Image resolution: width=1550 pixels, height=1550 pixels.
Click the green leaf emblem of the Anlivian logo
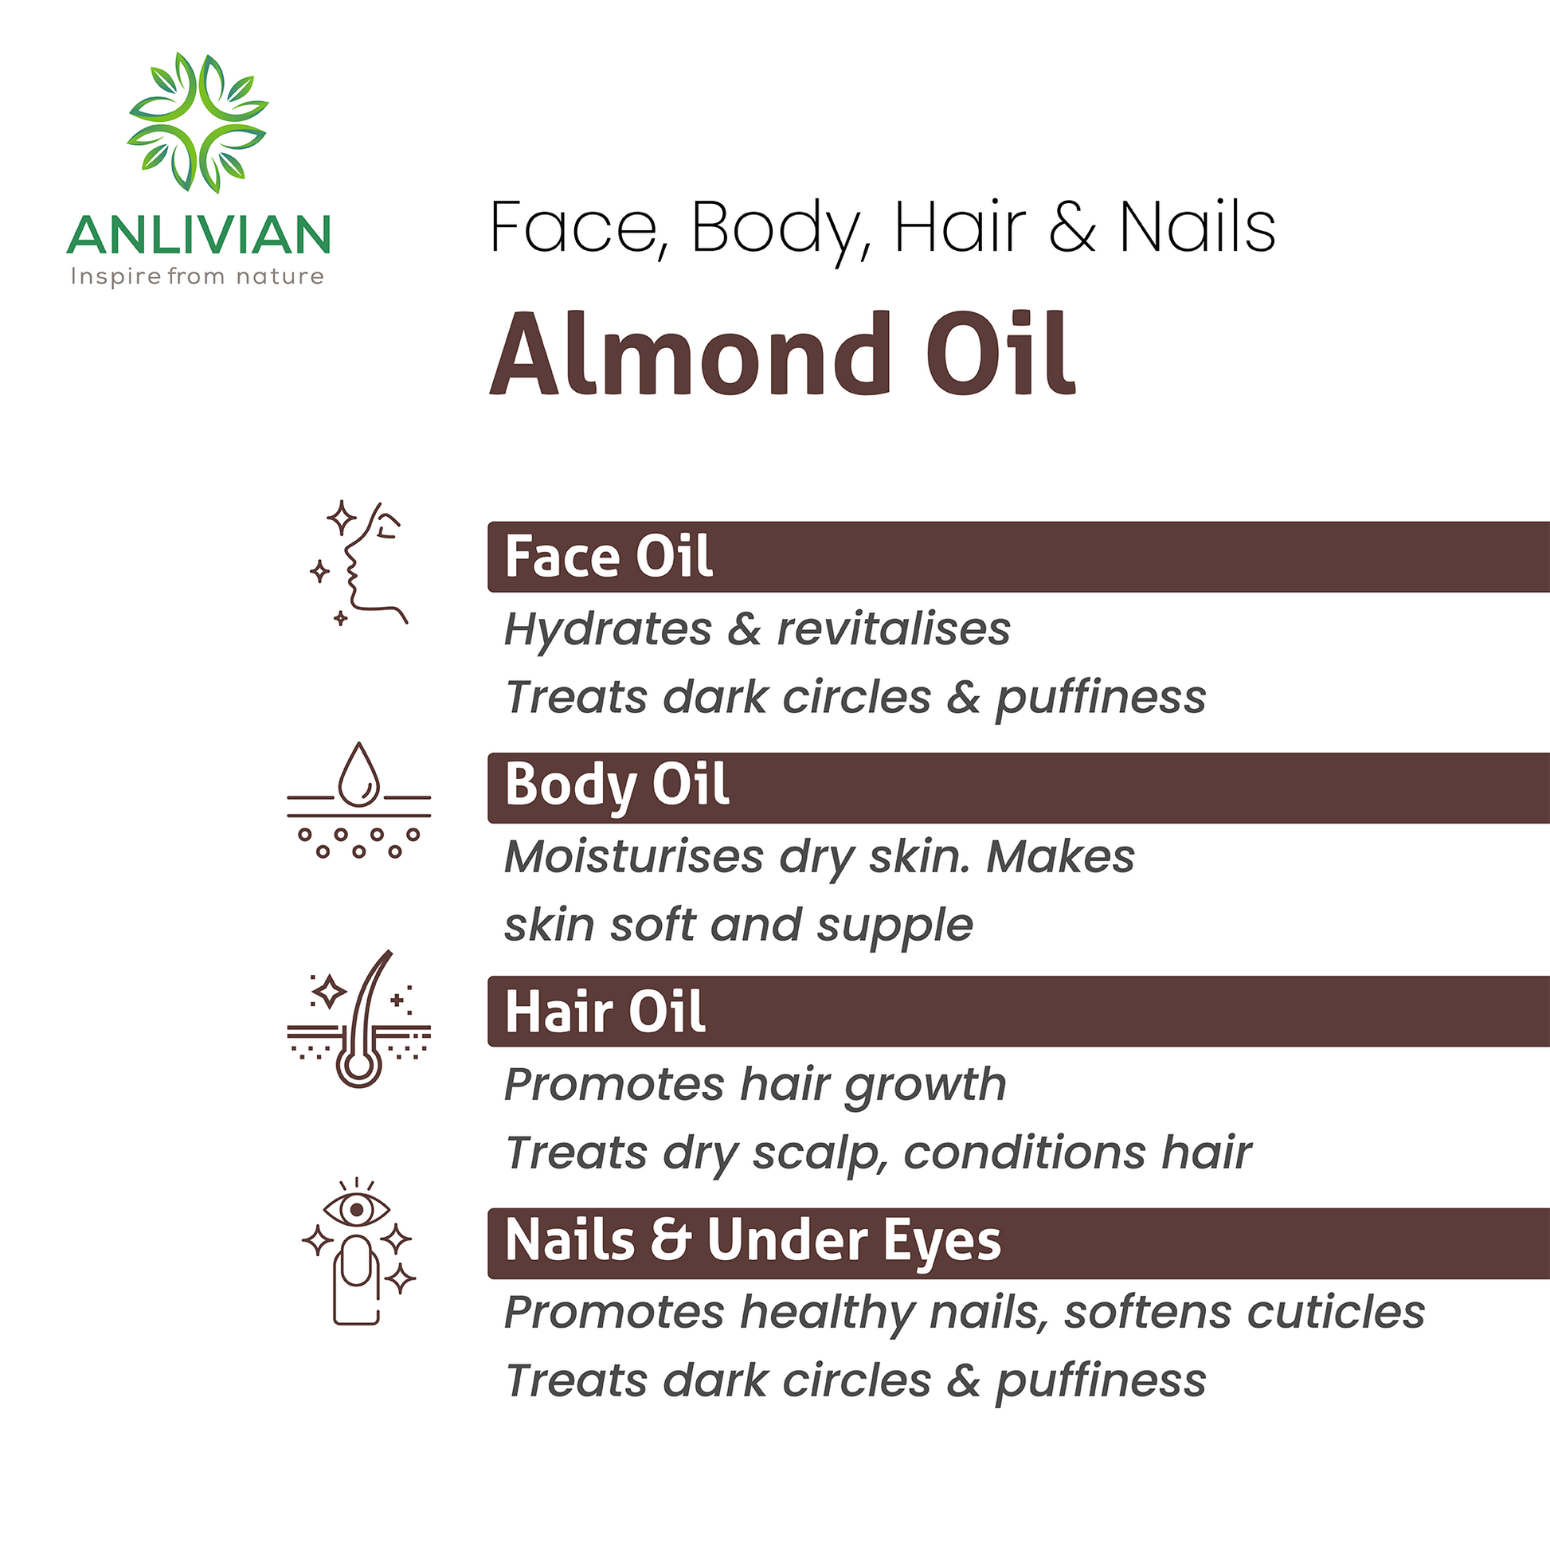[198, 122]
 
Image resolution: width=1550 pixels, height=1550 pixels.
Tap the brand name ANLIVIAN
[198, 235]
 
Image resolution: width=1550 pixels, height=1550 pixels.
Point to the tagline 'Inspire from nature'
[198, 277]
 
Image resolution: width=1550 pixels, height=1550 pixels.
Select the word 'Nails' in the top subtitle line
[1196, 228]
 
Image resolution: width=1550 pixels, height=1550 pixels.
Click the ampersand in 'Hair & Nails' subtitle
[1072, 229]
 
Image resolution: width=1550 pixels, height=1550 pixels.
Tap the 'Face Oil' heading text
[608, 557]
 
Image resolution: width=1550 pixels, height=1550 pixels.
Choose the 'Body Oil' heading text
[616, 785]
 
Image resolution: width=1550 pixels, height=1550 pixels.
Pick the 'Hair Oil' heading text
[605, 1012]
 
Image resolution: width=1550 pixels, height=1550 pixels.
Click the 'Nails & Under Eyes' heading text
[753, 1240]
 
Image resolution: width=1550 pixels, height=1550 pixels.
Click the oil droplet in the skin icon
[358, 774]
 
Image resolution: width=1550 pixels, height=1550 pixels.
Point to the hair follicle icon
[359, 1019]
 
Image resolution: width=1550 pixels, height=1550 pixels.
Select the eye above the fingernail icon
[356, 1208]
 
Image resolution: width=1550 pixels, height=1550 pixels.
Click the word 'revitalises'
[893, 629]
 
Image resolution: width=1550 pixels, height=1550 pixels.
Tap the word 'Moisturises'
[634, 857]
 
